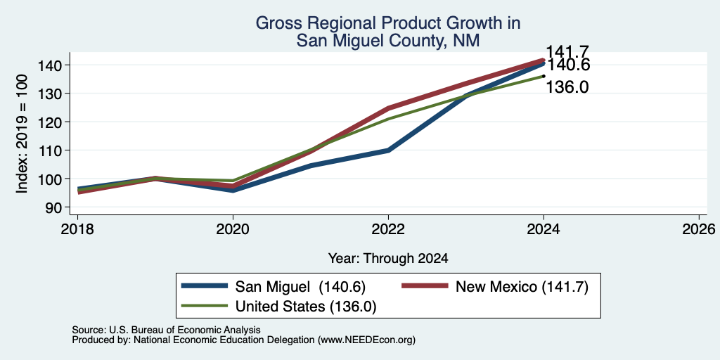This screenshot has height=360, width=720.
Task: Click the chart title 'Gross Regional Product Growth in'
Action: (x=388, y=23)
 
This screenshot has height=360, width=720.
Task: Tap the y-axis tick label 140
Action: (x=49, y=65)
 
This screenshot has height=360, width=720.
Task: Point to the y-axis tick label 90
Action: (x=53, y=207)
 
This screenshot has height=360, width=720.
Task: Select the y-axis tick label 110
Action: (x=49, y=150)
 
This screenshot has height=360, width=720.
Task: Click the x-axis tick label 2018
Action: (x=77, y=229)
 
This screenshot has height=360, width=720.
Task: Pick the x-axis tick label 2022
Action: (x=388, y=229)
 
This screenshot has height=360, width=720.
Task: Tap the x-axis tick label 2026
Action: (x=699, y=229)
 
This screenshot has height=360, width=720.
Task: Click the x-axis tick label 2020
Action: (x=233, y=229)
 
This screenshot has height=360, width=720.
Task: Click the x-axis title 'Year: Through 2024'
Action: (x=388, y=259)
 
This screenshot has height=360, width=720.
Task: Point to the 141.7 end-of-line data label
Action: (x=567, y=52)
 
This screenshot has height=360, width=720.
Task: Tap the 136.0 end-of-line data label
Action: (x=567, y=86)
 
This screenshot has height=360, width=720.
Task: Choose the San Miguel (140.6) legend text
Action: (x=300, y=287)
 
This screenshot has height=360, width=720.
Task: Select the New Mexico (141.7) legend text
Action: (x=522, y=287)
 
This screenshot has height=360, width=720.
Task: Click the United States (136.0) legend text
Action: (x=306, y=307)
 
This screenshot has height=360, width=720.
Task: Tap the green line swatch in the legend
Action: (x=205, y=306)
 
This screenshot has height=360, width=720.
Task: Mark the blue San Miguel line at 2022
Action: (x=388, y=150)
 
